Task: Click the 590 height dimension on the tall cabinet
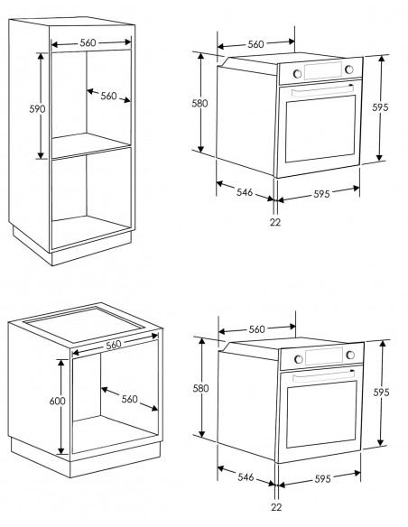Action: point(37,109)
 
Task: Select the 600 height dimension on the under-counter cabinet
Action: point(58,401)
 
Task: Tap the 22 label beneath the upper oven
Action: point(275,222)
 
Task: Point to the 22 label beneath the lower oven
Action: point(276,507)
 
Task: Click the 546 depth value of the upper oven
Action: point(245,192)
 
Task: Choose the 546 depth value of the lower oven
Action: point(246,477)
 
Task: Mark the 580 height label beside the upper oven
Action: point(199,103)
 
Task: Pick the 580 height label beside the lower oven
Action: point(200,388)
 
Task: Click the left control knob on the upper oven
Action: point(297,74)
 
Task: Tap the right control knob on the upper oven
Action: point(349,69)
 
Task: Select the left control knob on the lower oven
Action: point(299,359)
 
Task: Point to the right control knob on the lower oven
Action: point(350,355)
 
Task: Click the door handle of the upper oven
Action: point(322,91)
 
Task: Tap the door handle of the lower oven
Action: point(324,376)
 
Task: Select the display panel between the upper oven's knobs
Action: point(323,70)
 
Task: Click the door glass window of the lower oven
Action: point(321,413)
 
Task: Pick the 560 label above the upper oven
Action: point(255,44)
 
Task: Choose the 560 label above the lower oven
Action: point(256,329)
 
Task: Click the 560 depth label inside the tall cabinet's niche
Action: point(108,96)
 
